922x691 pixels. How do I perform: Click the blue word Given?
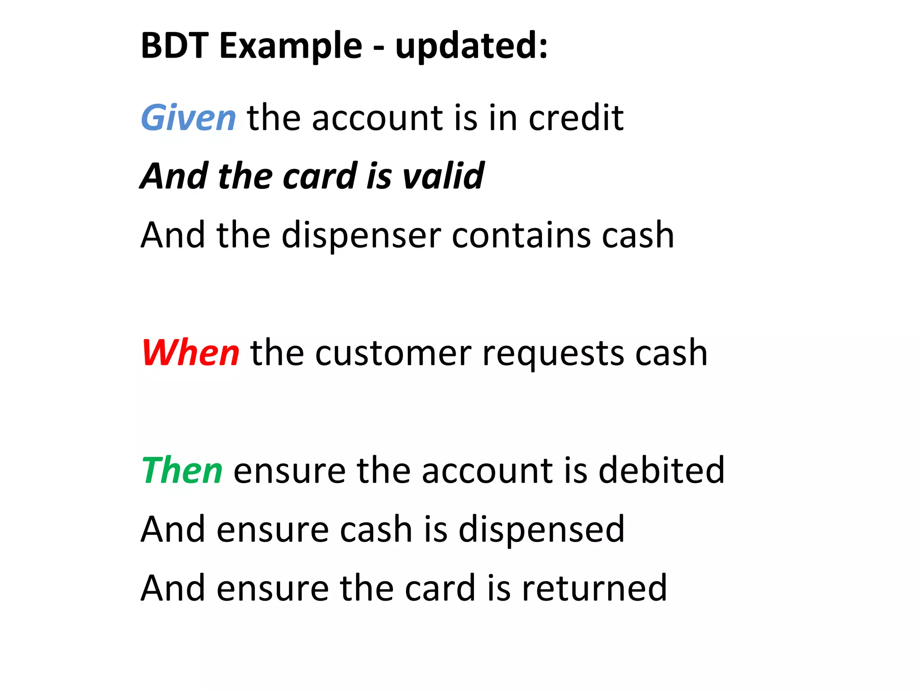coord(188,118)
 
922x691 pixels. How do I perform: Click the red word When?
coord(190,353)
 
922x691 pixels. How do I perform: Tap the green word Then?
coord(182,470)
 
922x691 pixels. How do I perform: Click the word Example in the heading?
coord(291,45)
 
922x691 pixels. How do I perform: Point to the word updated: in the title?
coord(471,45)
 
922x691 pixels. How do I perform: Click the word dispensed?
coord(541,529)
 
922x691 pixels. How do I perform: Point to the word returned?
coord(594,588)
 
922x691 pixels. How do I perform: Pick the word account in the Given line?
coord(377,118)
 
